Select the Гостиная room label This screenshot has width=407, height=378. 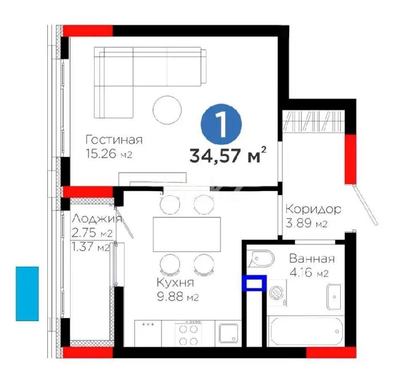tap(114, 139)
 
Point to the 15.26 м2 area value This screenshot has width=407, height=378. tap(109, 154)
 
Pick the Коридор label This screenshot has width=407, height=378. tap(313, 209)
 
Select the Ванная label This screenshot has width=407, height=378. tap(312, 259)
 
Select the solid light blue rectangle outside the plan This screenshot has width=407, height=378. tap(27, 294)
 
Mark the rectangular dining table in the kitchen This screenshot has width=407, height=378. tap(187, 234)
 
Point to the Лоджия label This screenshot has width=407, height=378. tap(97, 219)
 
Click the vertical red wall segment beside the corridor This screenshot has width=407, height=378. tap(350, 159)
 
